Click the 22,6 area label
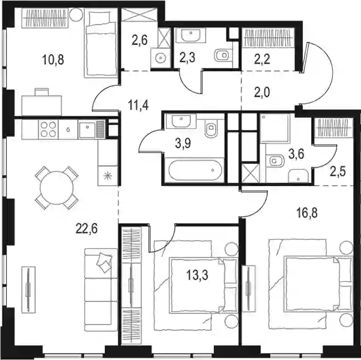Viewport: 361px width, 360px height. [x=86, y=229]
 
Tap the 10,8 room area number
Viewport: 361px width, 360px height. [x=53, y=59]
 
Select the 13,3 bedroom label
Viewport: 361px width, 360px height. [x=197, y=275]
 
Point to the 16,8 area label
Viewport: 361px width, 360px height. [x=307, y=212]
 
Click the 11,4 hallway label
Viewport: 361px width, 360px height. [x=138, y=106]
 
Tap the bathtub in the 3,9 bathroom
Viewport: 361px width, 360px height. [x=195, y=170]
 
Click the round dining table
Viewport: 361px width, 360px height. [x=56, y=188]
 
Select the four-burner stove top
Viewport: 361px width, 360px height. [x=48, y=129]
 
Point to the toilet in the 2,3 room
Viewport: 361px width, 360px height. [x=222, y=55]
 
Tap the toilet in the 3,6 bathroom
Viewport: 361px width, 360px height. [x=275, y=160]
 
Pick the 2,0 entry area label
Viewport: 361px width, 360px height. [x=262, y=93]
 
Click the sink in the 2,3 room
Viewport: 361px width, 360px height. [x=190, y=35]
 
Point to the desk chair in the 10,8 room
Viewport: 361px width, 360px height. [x=41, y=92]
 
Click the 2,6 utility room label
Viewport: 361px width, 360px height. [x=140, y=40]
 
